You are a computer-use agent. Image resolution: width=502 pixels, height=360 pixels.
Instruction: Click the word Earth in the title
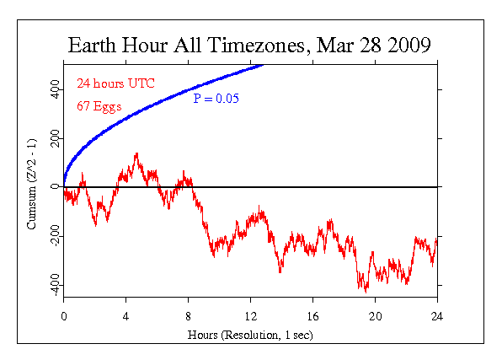92,45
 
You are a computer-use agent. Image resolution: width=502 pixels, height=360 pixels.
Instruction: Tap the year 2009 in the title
409,45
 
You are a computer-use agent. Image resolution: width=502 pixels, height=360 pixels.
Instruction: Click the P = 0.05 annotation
216,99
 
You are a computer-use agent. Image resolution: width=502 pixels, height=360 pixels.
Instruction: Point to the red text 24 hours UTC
115,83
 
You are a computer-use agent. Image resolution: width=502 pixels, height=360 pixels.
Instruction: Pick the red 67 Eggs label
99,106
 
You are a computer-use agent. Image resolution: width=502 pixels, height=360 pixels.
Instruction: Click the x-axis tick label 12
251,317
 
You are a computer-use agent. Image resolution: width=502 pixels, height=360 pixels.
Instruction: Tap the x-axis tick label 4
125,317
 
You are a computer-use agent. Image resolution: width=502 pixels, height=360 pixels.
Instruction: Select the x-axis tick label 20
375,317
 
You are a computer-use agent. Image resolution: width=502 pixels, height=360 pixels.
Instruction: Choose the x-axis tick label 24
437,317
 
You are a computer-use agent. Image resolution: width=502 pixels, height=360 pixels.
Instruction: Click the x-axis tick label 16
312,317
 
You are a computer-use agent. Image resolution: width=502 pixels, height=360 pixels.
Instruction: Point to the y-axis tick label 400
56,89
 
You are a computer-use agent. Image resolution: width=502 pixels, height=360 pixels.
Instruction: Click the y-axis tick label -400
56,285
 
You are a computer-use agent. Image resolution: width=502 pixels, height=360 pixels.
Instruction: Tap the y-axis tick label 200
56,138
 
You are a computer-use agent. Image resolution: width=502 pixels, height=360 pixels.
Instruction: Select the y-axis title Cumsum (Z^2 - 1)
32,184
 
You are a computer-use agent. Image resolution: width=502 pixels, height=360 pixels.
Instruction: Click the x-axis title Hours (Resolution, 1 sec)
250,335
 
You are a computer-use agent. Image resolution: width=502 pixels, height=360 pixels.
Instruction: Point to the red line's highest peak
137,153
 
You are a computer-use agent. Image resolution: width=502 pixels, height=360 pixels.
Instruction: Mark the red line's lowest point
366,293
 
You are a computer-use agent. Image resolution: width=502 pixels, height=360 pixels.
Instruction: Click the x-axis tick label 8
189,317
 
